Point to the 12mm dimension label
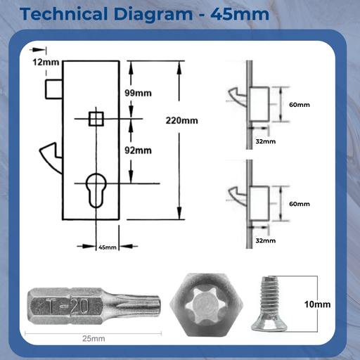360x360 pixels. pos(46,63)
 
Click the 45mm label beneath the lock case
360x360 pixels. pos(107,247)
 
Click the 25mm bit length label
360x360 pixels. pos(94,339)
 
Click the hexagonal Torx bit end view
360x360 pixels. pos(209,304)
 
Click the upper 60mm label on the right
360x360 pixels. pos(300,105)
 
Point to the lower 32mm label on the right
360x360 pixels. pos(266,240)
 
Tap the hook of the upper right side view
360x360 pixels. pos(236,95)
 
